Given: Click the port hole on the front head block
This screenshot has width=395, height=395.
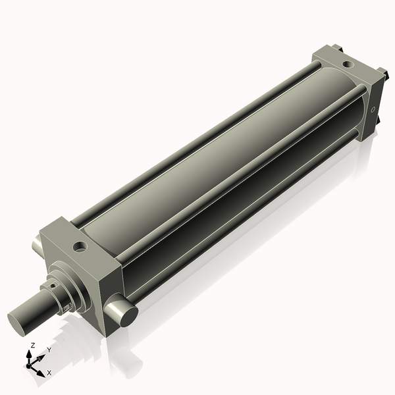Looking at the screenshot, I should click(80, 247).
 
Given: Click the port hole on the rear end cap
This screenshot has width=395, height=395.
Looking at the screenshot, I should click(347, 65).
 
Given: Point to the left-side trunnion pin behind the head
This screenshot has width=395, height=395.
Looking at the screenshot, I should click(36, 247).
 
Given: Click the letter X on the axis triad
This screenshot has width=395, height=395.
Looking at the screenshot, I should click(50, 373).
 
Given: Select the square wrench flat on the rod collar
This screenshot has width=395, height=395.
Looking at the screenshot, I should click(66, 305).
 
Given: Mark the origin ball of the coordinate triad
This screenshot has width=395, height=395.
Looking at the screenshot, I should click(30, 364).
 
